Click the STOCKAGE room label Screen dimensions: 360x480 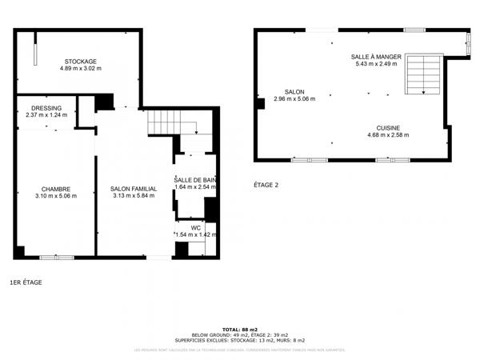pos(80,62)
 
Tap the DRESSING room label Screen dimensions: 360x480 pos(46,108)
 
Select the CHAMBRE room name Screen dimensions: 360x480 pos(54,189)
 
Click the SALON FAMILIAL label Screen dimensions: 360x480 pos(133,189)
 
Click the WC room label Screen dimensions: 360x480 pos(195,227)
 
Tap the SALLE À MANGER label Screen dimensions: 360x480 pos(376,57)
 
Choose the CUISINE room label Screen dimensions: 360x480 pos(388,128)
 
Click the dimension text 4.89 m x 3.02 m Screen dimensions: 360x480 pos(80,69)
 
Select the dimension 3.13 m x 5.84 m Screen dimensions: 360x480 pos(133,196)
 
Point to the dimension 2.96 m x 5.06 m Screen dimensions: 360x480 pos(294,99)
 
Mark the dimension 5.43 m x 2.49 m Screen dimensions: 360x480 pos(376,64)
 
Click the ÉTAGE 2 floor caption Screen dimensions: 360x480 pos(266,185)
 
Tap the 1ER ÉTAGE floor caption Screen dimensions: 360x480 pos(26,282)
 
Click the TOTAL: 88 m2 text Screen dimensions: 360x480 pos(239,330)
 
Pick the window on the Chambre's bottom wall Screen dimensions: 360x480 pos(57,257)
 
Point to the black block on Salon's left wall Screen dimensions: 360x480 pos(260,103)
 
